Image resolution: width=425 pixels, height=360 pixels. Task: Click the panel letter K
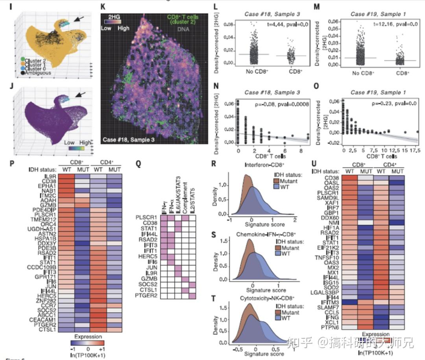tap(103, 7)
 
